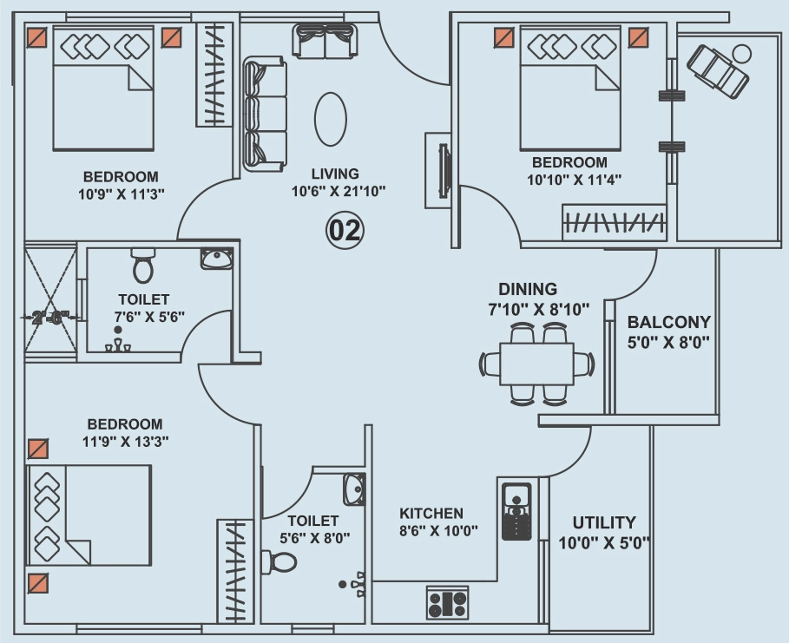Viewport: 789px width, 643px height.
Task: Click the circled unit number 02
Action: point(345,231)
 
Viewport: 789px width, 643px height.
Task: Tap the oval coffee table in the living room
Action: point(331,119)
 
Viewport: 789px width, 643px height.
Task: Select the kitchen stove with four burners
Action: point(447,602)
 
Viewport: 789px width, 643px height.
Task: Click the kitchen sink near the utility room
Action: point(516,511)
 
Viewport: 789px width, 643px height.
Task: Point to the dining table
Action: point(537,364)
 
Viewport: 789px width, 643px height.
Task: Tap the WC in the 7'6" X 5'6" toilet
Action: point(143,266)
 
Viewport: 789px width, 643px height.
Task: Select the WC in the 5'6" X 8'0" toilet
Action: point(279,562)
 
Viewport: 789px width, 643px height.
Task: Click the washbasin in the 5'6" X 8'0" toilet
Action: point(355,489)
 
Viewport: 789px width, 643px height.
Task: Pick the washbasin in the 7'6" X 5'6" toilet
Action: point(217,258)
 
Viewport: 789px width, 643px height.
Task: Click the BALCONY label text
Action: point(668,321)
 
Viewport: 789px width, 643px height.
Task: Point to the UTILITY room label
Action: point(604,522)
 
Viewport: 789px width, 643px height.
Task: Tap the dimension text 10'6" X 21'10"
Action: point(339,191)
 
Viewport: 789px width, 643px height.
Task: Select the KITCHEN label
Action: point(431,514)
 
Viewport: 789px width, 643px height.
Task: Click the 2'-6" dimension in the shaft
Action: point(49,318)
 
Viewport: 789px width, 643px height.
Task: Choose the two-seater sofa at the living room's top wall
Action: point(325,40)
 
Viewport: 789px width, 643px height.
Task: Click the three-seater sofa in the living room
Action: point(266,115)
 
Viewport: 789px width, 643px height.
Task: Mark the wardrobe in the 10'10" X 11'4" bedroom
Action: point(615,222)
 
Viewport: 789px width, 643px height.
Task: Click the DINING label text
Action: point(528,289)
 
